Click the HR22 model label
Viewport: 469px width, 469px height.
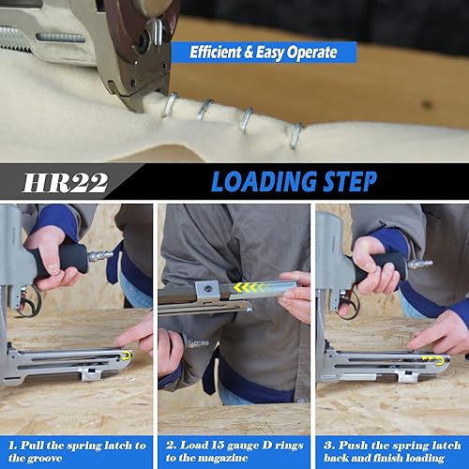coord(66,183)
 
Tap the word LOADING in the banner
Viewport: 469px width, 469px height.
coord(265,181)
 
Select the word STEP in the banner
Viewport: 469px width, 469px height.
coord(350,181)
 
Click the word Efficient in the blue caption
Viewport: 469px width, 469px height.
coord(216,52)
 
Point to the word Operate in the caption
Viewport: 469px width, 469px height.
coord(312,53)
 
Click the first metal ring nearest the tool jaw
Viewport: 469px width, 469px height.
coord(170,105)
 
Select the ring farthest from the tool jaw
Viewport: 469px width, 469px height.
coord(295,135)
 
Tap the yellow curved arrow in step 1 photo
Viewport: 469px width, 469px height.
coord(127,356)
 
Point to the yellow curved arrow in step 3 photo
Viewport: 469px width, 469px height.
coord(440,360)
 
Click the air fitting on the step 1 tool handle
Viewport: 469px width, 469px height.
coord(100,256)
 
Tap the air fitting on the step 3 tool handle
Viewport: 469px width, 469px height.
coord(419,265)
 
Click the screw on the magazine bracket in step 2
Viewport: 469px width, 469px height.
coord(207,287)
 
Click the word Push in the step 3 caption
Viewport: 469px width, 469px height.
coord(353,445)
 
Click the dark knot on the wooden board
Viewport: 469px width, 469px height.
coord(427,105)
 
